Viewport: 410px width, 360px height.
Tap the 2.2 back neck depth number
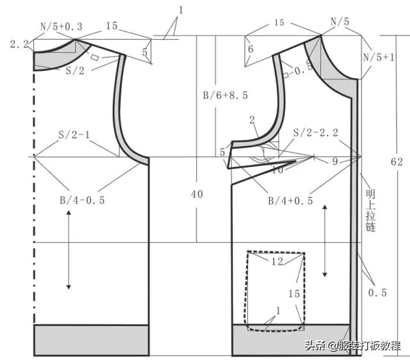click(18, 44)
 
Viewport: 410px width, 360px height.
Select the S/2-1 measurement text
click(73, 136)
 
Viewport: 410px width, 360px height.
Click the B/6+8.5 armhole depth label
click(225, 95)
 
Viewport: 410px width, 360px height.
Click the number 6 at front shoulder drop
click(250, 49)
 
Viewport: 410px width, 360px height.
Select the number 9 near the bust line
click(334, 162)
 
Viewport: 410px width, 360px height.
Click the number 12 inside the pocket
click(276, 263)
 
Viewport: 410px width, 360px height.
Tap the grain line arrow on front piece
click(326, 240)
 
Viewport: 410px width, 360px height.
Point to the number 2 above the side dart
click(252, 120)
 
